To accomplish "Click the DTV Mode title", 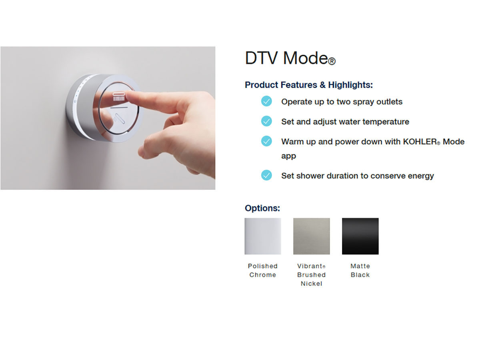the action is pyautogui.click(x=290, y=58).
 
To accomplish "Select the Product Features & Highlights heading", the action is pyautogui.click(x=308, y=85).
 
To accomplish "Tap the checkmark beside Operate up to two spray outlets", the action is pyautogui.click(x=266, y=101).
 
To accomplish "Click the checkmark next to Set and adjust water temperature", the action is pyautogui.click(x=266, y=121).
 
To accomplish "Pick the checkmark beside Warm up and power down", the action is pyautogui.click(x=266, y=141).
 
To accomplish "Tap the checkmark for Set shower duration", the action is pyautogui.click(x=266, y=175).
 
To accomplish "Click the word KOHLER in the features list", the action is pyautogui.click(x=420, y=142).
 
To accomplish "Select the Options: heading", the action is pyautogui.click(x=262, y=208).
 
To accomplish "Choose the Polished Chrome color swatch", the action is pyautogui.click(x=263, y=236).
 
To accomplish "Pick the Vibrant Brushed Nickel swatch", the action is pyautogui.click(x=311, y=236).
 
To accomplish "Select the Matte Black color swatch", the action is pyautogui.click(x=360, y=236).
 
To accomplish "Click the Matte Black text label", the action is pyautogui.click(x=360, y=270).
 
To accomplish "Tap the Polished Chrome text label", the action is pyautogui.click(x=263, y=270).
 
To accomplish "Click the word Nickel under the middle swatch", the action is pyautogui.click(x=311, y=284).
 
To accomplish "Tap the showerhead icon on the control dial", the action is pyautogui.click(x=119, y=97).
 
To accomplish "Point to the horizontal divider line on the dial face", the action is pyautogui.click(x=119, y=108).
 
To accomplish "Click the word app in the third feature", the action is pyautogui.click(x=288, y=156).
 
